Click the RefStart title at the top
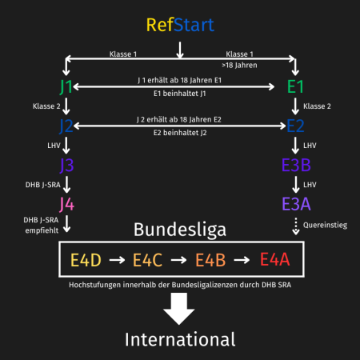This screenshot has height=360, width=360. click(x=180, y=25)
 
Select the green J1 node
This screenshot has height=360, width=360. click(x=66, y=87)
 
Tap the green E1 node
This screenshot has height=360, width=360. click(x=295, y=87)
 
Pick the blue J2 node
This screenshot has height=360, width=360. click(x=66, y=126)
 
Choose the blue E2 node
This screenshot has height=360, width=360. click(x=295, y=126)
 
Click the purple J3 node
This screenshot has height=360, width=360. click(x=66, y=166)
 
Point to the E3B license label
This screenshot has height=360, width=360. click(x=296, y=165)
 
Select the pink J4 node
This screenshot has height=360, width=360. click(x=66, y=205)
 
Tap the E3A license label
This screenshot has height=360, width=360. click(x=296, y=204)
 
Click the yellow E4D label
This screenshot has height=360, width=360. click(x=86, y=260)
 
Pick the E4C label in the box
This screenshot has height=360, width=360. click(x=147, y=260)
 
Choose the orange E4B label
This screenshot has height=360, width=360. click(x=210, y=260)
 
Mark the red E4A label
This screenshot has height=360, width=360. click(x=274, y=259)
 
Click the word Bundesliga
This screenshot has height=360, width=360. click(x=180, y=230)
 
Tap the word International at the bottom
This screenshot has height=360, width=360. click(x=180, y=339)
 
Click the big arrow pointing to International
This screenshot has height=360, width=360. click(x=179, y=309)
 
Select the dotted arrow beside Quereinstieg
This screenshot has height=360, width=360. click(x=295, y=226)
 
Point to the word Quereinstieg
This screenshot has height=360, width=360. click(x=325, y=226)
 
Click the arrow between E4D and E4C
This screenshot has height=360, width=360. click(x=117, y=260)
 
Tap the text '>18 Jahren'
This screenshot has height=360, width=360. click(x=239, y=66)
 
